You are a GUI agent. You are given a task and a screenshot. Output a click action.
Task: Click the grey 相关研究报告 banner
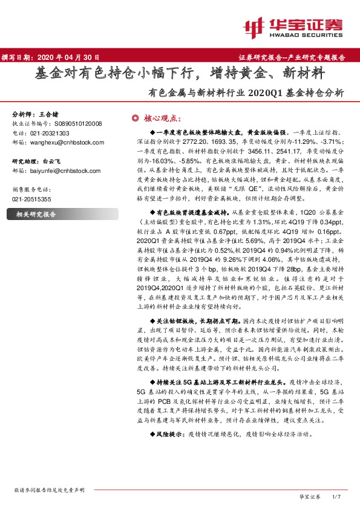pos(61,214)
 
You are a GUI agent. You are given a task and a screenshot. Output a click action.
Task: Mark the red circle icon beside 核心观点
pos(136,118)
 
